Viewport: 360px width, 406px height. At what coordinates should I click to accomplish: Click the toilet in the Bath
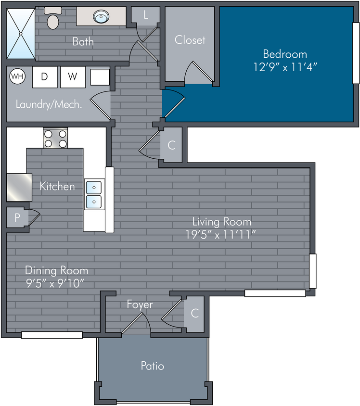pos(53,18)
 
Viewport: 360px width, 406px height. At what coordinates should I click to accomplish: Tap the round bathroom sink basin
pos(101,16)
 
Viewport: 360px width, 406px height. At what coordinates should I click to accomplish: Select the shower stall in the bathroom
pos(21,34)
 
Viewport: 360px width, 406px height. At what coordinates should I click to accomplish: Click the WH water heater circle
pos(17,76)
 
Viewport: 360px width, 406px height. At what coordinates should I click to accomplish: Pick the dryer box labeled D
pos(45,77)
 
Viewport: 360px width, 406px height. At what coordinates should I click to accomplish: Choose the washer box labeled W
pos(73,77)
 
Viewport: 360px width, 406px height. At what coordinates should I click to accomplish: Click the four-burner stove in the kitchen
pos(55,138)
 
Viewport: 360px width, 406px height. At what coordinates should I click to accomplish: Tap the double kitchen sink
pos(94,194)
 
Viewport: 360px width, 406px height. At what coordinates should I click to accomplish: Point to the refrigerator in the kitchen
pos(19,188)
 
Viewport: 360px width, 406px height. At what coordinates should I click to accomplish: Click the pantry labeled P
pos(17,217)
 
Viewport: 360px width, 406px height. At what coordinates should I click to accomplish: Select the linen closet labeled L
pos(146,15)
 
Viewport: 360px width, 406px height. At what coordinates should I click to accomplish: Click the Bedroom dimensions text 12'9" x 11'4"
pos(285,67)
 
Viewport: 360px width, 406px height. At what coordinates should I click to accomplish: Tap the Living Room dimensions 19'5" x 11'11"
pos(220,235)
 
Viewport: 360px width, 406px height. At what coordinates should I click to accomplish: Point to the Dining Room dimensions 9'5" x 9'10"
pos(55,283)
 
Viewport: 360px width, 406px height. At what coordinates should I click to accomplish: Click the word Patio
pos(152,366)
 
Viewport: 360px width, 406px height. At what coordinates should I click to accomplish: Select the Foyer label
pos(140,305)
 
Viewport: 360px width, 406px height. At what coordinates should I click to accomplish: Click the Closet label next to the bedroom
pos(190,40)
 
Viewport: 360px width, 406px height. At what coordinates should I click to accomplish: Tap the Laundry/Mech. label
pos(49,104)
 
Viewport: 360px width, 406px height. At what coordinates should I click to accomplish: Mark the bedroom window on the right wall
pos(356,53)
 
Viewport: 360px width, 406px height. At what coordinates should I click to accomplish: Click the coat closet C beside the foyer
pos(194,313)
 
